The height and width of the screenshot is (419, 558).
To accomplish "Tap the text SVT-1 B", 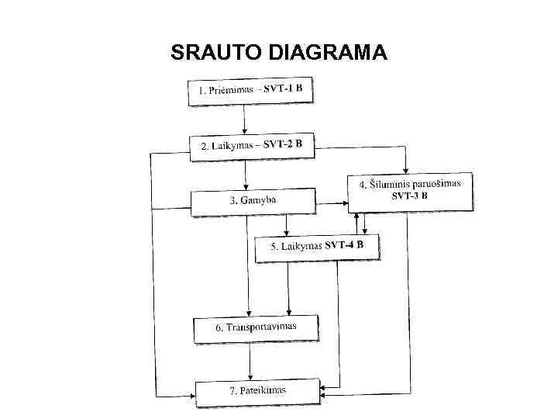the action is click(x=288, y=88).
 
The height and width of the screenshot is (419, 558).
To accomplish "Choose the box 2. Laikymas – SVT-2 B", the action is click(x=253, y=146).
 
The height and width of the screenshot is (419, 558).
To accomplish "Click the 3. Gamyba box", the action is click(x=253, y=201).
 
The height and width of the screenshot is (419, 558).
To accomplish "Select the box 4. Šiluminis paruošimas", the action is click(x=410, y=191).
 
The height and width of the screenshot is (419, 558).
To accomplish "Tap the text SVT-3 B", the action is click(x=410, y=196).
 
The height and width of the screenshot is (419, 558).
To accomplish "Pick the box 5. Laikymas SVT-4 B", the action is click(x=318, y=247).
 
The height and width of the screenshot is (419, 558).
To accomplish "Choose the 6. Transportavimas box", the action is click(x=256, y=328).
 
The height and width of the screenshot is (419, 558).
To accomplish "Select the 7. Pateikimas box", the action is click(x=257, y=390).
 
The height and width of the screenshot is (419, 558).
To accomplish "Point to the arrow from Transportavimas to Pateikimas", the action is click(x=250, y=361).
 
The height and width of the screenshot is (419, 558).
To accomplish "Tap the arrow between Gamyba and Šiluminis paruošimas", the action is click(x=331, y=203).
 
